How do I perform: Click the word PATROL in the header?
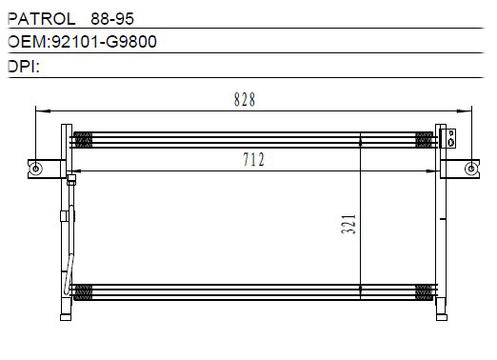[42, 19]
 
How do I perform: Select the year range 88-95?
[112, 19]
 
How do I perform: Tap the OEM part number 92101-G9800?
[104, 42]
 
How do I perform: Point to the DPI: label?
[24, 67]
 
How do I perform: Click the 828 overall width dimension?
[245, 99]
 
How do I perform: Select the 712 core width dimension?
[253, 159]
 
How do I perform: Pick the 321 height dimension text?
[348, 225]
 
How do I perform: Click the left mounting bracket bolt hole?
[35, 169]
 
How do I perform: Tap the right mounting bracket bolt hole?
[471, 169]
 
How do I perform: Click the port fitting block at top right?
[451, 138]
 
